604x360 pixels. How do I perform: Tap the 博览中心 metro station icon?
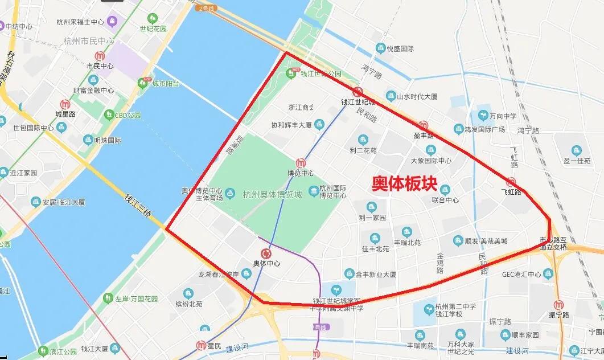(301, 163)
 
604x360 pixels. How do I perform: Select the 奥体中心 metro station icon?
(266, 253)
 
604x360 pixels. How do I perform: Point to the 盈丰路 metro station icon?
(423, 125)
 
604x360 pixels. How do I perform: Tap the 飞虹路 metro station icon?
(511, 182)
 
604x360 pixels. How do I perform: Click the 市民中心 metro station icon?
(100, 56)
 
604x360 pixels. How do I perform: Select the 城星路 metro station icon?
(65, 104)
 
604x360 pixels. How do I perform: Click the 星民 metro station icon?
(200, 345)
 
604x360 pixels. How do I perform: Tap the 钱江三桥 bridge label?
(140, 207)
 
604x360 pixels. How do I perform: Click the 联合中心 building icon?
(445, 190)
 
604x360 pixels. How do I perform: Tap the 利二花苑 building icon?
(363, 140)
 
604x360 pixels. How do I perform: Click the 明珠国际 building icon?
(88, 140)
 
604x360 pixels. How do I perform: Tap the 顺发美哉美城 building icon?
(458, 241)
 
